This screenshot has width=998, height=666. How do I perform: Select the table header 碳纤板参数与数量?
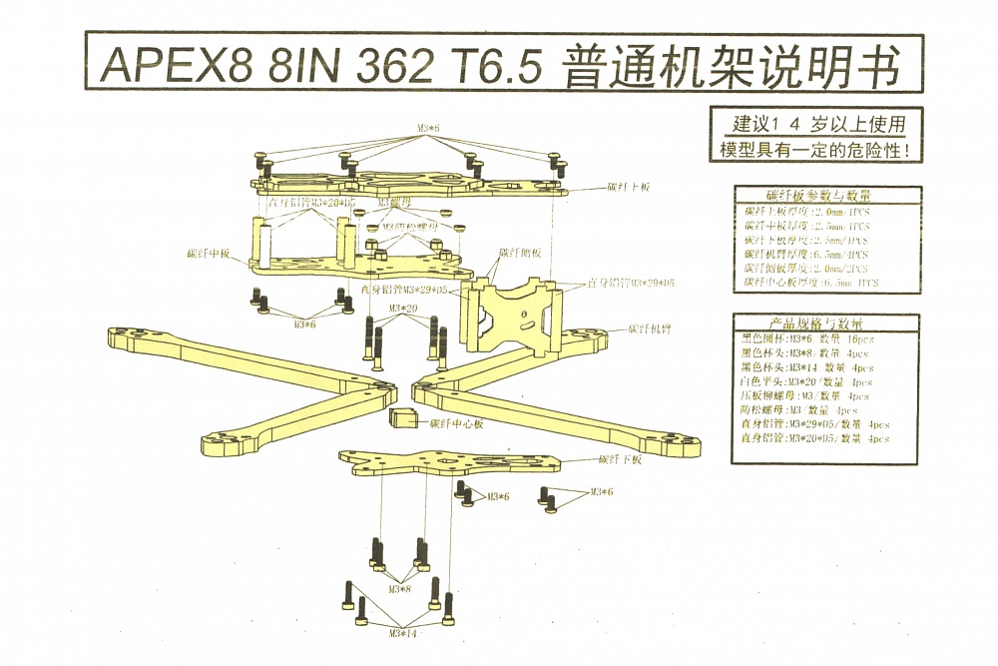817,196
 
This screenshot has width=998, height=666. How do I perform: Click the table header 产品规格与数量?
815,325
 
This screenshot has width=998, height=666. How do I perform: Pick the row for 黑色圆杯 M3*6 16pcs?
807,339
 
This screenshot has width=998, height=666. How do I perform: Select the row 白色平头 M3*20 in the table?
806,381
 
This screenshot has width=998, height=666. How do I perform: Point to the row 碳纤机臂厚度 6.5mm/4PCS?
806,254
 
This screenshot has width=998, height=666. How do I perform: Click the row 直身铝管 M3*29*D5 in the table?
814,423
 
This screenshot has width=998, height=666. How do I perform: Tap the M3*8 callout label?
398,589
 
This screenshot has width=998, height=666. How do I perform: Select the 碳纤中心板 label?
456,423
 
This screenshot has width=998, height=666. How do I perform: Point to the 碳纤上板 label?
629,187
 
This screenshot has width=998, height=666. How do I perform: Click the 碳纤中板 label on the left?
209,254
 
